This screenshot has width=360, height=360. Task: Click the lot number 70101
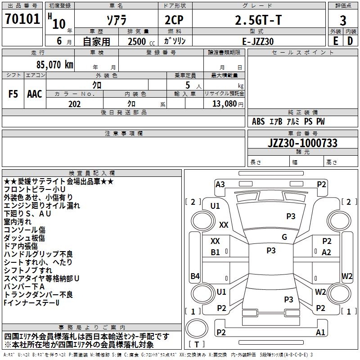coord(22,18)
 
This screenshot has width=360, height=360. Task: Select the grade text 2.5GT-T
coord(258,20)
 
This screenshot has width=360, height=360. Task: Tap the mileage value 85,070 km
coord(55,64)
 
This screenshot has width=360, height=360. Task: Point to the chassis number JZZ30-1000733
coord(302,143)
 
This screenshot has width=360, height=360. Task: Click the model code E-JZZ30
coord(258,41)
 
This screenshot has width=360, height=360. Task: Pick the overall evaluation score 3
coord(343,21)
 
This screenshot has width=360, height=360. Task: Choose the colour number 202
coord(75,104)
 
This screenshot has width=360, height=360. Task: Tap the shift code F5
coord(13,94)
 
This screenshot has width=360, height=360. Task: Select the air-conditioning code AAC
coord(35,94)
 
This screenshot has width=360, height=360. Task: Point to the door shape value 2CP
coord(174,20)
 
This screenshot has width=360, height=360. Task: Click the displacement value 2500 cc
coord(141,41)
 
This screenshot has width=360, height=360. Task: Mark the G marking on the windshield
coord(284,237)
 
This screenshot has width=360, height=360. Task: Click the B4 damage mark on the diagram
coord(195,276)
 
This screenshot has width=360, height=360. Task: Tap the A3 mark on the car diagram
coord(220,184)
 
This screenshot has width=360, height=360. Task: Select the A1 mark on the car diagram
coord(320,332)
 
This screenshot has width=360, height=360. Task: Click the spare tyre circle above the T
coord(197,328)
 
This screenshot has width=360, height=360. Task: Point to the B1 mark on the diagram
coord(215,252)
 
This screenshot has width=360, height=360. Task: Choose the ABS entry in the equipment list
coord(258,121)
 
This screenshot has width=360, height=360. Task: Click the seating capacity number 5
coord(188,85)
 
